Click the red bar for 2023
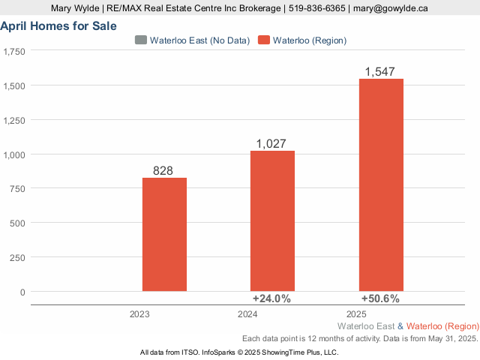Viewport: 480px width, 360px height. click(x=164, y=234)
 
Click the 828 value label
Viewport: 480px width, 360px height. click(x=163, y=170)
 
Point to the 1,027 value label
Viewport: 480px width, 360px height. click(x=272, y=143)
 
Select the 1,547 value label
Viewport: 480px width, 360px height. click(x=381, y=71)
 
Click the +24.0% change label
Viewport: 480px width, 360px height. click(x=271, y=298)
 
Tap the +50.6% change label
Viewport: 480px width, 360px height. click(x=380, y=298)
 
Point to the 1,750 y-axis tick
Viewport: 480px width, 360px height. click(x=13, y=52)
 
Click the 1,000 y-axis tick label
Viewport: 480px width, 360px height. click(x=13, y=154)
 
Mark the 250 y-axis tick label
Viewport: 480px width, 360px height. click(x=16, y=257)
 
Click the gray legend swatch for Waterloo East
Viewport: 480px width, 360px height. click(x=140, y=40)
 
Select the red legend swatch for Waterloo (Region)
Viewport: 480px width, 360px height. click(x=262, y=40)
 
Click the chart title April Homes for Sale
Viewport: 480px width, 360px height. click(x=58, y=25)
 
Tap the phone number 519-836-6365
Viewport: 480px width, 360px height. click(x=315, y=8)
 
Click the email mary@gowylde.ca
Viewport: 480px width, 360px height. click(x=391, y=8)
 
